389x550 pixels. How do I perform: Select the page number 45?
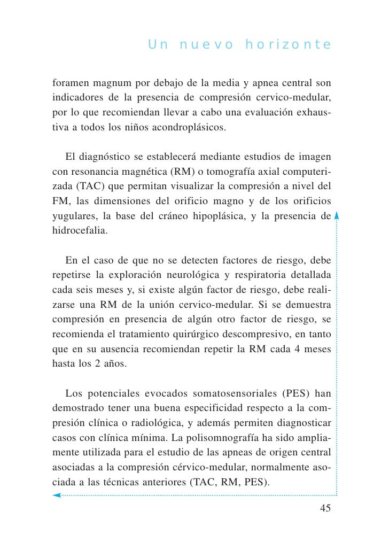point(325,508)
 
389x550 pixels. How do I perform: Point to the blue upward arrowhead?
point(337,216)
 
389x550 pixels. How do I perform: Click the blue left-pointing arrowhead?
point(57,495)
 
